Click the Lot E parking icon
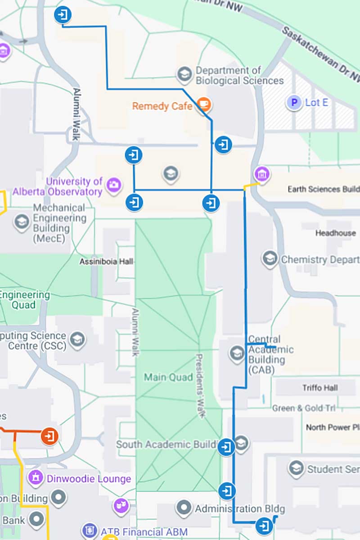pos(294,103)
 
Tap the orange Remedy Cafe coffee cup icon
pos(204,105)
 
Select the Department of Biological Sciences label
pos(239,76)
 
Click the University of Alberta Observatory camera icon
pos(113,184)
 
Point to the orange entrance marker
pos(49,436)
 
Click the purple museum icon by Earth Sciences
pos(261,174)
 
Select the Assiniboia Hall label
pos(106,261)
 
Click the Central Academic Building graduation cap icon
pos(237,353)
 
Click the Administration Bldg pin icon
pos(184,508)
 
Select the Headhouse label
pos(335,233)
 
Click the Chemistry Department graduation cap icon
pos(270,259)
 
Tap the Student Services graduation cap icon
pos(296,469)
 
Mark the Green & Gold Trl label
pos(304,408)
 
